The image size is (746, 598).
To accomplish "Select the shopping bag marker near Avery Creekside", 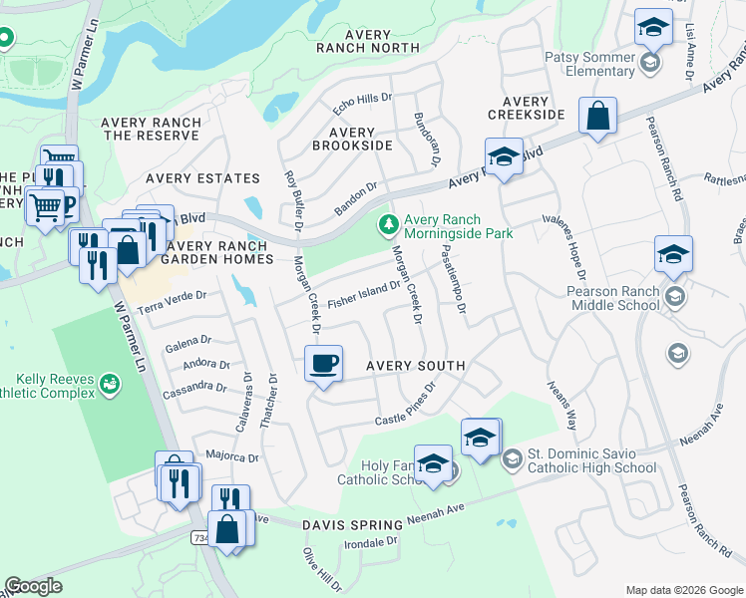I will tap(597, 116).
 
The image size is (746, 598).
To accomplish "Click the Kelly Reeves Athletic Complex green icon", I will tap(110, 383).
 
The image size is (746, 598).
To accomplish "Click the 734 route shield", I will tap(200, 537).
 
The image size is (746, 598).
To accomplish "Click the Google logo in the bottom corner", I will tap(34, 586).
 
